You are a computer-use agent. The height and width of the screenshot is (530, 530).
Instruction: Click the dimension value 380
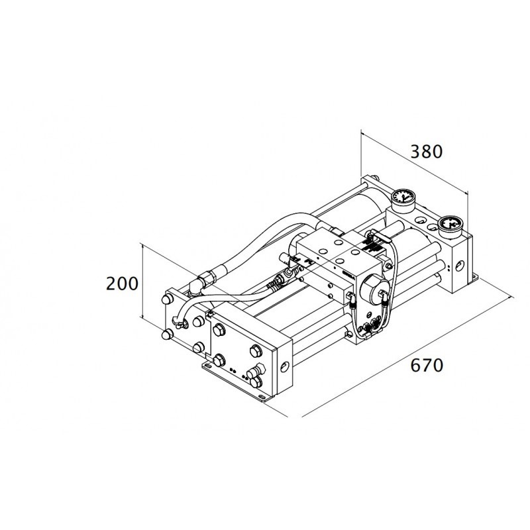point(426,152)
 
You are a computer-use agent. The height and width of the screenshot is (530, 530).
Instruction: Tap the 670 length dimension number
point(427,366)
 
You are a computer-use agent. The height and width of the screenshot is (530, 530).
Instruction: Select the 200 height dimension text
point(122,284)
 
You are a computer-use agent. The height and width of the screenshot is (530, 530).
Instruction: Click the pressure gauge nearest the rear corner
point(403,197)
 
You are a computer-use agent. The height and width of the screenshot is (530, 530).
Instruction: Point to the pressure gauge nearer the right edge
point(450,225)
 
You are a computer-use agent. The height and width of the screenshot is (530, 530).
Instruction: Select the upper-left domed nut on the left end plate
point(167,299)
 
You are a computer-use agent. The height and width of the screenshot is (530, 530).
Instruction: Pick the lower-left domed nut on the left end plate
point(167,335)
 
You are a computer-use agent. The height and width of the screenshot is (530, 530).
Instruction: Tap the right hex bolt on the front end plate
point(256,351)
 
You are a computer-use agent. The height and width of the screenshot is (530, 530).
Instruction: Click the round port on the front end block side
point(285,366)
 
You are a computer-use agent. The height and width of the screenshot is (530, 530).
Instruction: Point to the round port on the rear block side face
point(460,266)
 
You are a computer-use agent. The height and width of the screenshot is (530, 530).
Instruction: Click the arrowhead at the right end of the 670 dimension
point(511,298)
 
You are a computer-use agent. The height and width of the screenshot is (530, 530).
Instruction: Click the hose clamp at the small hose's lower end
point(179,322)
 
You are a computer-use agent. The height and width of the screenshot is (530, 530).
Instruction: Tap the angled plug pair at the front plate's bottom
point(255,374)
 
